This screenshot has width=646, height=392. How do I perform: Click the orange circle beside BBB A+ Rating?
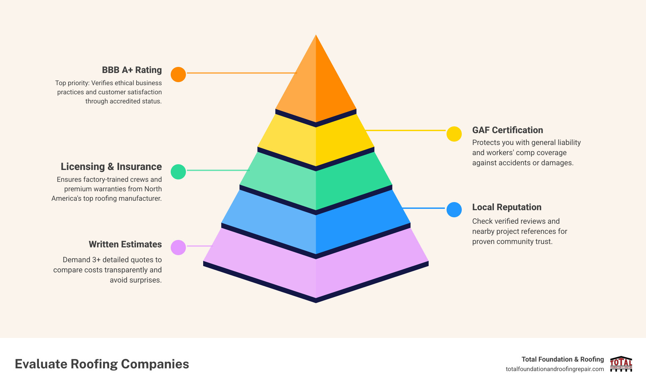coord(178,74)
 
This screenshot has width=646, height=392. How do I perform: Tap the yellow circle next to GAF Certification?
coord(454,134)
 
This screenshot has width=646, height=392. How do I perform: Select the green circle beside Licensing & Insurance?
coord(178,172)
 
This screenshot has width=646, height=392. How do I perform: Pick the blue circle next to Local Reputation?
coord(454,210)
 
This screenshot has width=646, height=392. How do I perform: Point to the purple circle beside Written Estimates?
coord(178,247)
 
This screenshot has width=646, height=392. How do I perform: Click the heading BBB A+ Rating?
coord(132,70)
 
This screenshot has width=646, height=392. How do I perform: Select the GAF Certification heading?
coord(507,130)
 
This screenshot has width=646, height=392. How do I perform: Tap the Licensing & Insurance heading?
coord(111,167)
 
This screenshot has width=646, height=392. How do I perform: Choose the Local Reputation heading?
coord(506,207)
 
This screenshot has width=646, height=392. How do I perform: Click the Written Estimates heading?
coord(125,244)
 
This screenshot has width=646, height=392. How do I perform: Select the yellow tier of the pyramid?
coord(316,142)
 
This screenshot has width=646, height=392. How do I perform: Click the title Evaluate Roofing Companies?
coord(102,364)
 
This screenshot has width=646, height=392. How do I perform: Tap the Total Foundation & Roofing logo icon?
coord(621,364)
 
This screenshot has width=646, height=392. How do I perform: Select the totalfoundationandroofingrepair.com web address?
coord(554,369)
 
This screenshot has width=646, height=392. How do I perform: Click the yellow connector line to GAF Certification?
coord(406,130)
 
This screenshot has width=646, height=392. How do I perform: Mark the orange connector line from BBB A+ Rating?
coord(242,73)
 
